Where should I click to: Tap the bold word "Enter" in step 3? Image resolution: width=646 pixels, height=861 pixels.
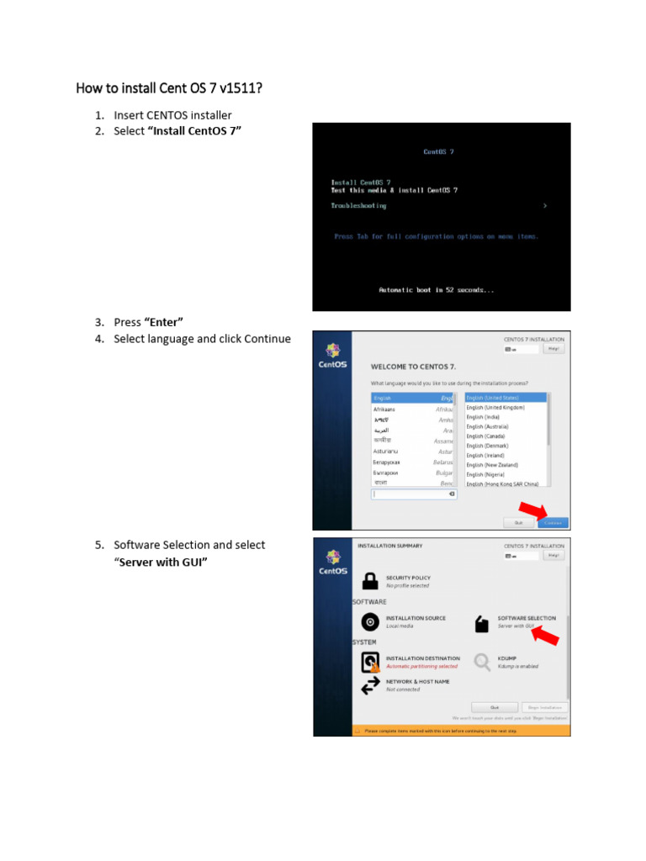(x=164, y=322)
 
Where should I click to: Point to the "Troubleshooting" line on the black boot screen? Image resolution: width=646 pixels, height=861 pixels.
(x=358, y=206)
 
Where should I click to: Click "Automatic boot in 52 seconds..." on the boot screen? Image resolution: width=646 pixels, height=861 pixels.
(x=437, y=290)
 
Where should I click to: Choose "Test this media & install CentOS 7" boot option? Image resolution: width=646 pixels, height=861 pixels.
(x=394, y=191)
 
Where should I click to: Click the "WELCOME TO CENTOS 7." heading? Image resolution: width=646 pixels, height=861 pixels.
(x=413, y=367)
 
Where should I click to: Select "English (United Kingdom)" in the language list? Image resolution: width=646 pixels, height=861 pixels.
(x=495, y=407)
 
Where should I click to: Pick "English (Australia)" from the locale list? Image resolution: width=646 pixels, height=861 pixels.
(x=488, y=426)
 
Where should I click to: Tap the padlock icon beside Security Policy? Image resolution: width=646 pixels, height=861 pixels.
(x=370, y=581)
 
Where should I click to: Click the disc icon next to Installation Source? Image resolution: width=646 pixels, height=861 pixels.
(x=370, y=622)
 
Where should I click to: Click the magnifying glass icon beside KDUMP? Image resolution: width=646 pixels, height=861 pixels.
(x=482, y=663)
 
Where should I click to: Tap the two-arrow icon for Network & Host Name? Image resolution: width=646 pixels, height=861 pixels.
(x=370, y=685)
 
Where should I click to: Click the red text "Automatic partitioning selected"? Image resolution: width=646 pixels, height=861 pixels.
(x=421, y=666)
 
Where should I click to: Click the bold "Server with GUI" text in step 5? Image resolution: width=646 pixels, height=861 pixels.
(x=161, y=562)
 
